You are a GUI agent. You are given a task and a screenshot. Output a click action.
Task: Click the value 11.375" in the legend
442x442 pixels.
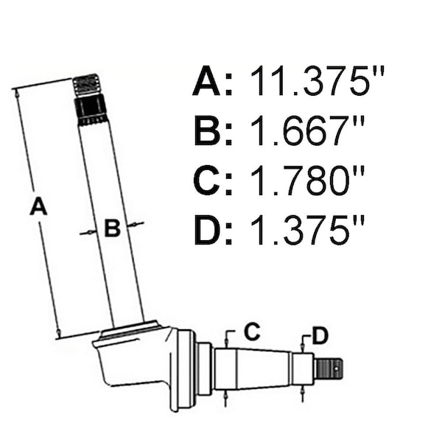[318, 81]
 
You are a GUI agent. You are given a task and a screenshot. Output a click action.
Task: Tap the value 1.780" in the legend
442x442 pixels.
[307, 180]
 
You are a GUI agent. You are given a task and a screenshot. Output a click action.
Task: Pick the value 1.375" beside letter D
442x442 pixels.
[307, 230]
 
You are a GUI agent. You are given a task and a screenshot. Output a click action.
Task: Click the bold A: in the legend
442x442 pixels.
[213, 81]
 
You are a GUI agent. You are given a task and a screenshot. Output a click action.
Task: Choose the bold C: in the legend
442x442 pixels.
[213, 180]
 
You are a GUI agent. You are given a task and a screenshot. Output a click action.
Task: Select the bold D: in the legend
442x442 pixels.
[214, 230]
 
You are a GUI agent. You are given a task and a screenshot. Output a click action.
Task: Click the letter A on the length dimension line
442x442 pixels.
[38, 206]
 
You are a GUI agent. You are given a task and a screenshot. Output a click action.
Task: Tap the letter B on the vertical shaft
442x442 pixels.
[113, 228]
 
